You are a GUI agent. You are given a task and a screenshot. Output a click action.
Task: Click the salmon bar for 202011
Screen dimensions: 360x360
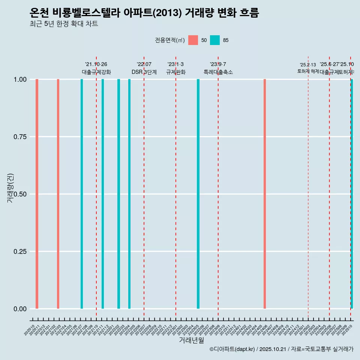[x=37, y=194]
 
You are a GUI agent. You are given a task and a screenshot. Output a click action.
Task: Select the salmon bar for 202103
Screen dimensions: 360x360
[x=58, y=194]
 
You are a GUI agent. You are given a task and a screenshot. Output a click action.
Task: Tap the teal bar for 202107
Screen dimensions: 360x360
[x=82, y=194]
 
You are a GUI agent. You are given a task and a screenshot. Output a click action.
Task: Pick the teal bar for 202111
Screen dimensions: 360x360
[x=103, y=194]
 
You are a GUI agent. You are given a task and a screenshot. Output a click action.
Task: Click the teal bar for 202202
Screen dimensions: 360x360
[x=118, y=194]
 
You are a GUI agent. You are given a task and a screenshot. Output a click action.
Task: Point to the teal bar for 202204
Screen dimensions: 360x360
[x=129, y=194]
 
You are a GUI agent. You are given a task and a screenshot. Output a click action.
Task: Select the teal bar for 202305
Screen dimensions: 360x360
[x=198, y=194]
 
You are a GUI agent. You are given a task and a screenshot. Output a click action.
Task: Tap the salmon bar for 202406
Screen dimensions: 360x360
[x=264, y=194]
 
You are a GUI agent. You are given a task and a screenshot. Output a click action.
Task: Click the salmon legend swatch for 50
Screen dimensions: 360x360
[x=193, y=40]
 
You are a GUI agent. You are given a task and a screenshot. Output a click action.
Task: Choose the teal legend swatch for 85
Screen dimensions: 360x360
[x=215, y=40]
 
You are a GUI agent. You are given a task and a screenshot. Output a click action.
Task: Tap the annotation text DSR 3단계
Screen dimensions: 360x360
[x=144, y=72]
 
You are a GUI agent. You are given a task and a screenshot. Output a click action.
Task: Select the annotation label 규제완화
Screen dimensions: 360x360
[x=176, y=72]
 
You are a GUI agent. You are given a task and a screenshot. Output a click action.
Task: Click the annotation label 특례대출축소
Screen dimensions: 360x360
[x=218, y=72]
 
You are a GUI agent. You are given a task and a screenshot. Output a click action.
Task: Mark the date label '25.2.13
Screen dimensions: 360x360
[x=308, y=64]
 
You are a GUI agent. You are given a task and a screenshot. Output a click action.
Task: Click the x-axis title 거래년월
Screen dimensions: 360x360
[x=192, y=340]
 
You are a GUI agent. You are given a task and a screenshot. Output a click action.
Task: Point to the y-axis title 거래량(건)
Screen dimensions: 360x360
[x=10, y=188]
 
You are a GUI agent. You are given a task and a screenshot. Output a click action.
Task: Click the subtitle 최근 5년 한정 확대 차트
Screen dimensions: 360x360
[x=64, y=24]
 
